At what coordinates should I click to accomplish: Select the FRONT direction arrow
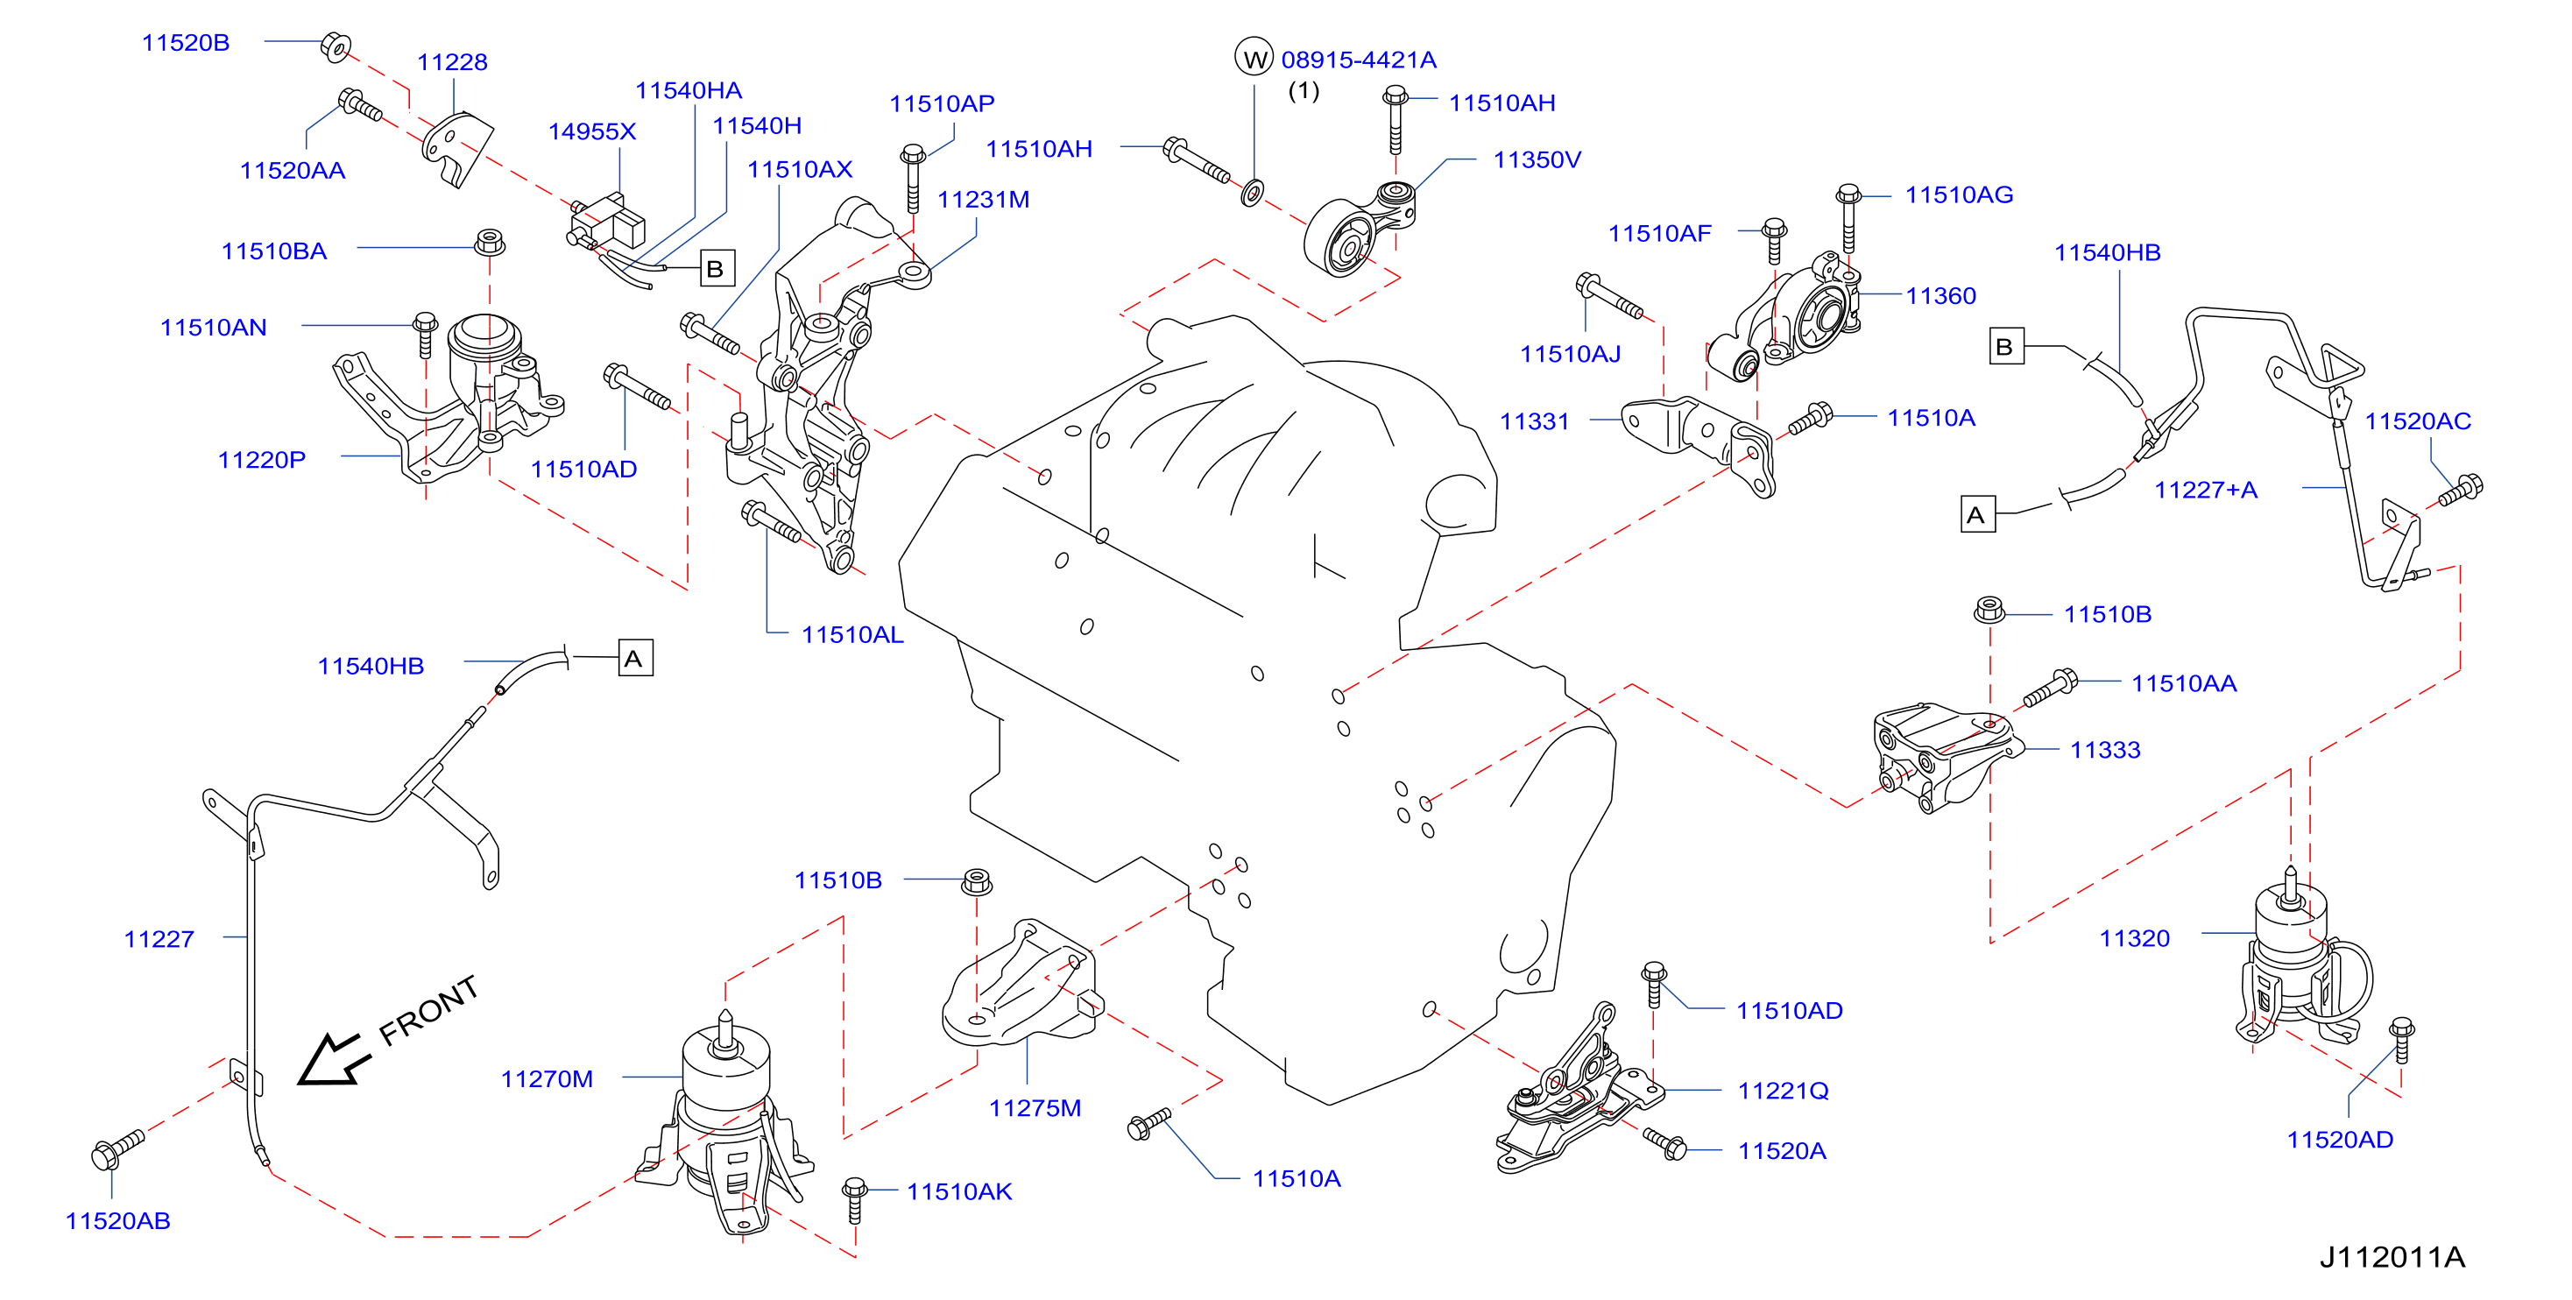(x=334, y=1059)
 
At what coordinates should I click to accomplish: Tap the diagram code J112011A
(x=2392, y=1257)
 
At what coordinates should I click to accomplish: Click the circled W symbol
(x=1254, y=58)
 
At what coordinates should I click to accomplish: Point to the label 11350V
(x=1537, y=159)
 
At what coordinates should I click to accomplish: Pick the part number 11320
(x=2135, y=938)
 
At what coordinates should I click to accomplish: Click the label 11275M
(x=1035, y=1108)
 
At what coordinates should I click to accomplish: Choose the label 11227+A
(x=2206, y=491)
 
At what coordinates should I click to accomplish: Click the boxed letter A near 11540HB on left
(x=635, y=658)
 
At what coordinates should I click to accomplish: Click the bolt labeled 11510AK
(x=855, y=1200)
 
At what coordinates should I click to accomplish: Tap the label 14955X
(x=592, y=131)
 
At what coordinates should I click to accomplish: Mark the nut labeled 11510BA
(x=489, y=242)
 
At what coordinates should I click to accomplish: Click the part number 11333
(x=2105, y=750)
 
